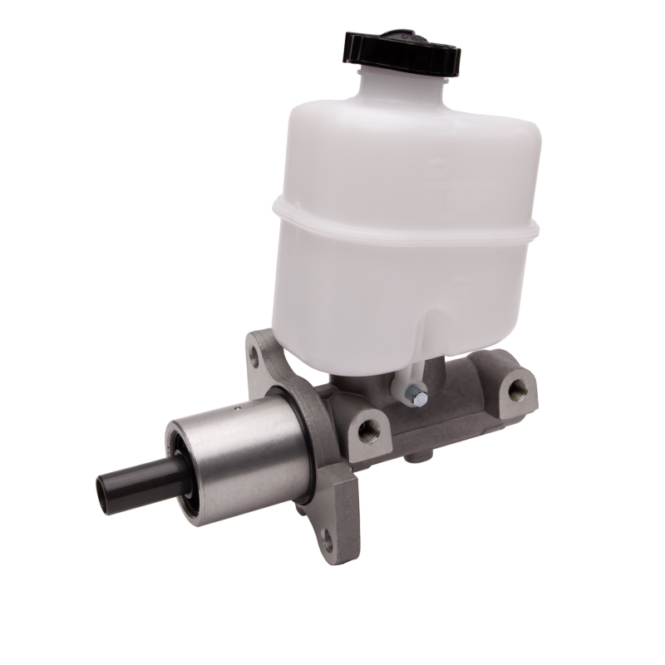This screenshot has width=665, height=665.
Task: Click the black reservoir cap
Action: (x=401, y=52)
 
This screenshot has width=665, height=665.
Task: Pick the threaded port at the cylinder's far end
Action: (x=519, y=387)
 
